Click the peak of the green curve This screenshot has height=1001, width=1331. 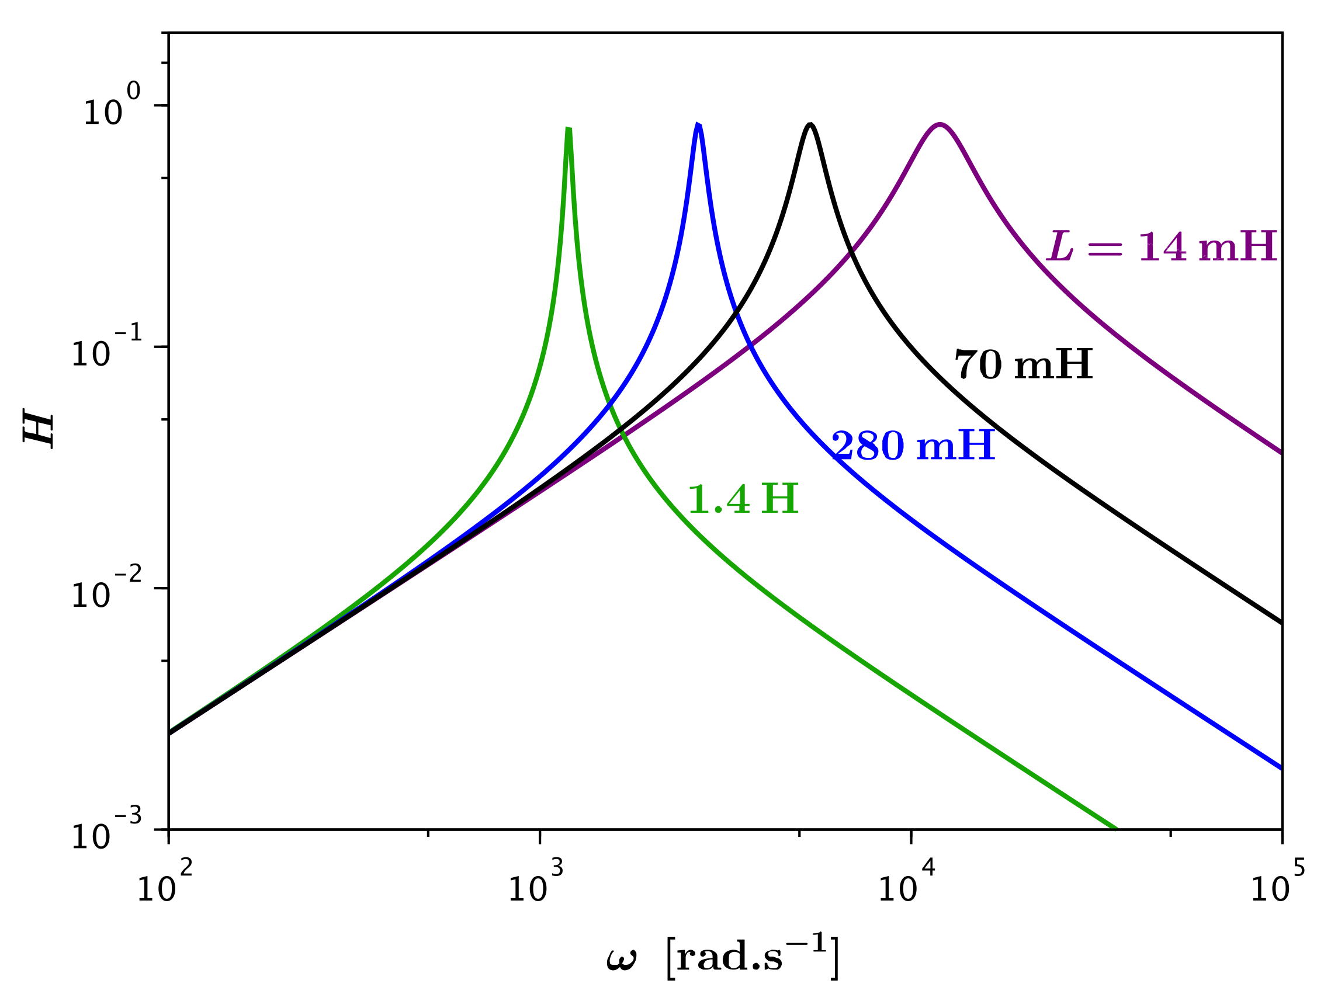568,128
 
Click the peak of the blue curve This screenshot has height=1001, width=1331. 698,124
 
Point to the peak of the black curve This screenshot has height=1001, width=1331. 810,124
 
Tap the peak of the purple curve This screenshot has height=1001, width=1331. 940,124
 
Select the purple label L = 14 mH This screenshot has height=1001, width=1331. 1162,246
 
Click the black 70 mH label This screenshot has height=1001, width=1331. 1024,364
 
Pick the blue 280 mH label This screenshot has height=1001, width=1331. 913,446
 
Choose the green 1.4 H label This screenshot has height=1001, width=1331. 743,499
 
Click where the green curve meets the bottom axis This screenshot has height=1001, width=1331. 1117,828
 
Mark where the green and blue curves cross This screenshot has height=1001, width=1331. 610,404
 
